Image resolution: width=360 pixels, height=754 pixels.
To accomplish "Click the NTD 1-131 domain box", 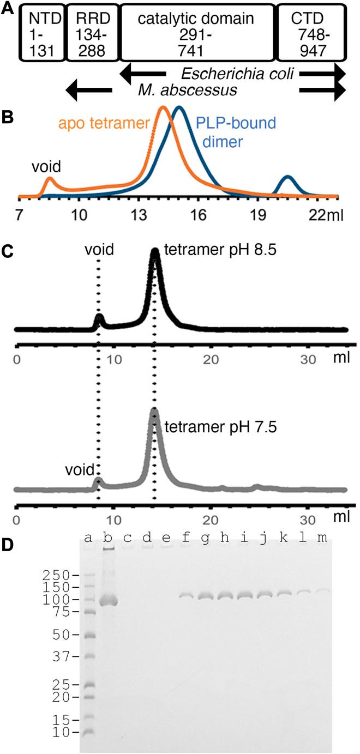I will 42,32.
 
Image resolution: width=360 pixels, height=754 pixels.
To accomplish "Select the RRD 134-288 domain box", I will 91,32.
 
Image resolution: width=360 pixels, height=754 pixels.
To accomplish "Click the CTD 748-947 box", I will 311,32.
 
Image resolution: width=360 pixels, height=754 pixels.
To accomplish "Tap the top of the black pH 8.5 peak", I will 155,251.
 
